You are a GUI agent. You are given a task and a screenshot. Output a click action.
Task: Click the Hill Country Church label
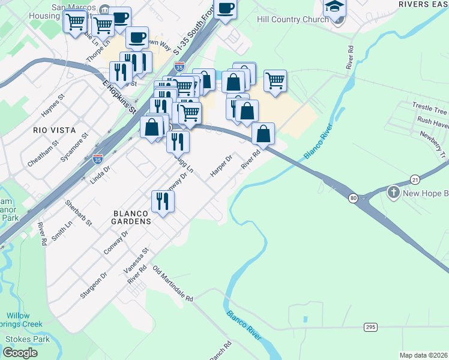(x=292, y=19)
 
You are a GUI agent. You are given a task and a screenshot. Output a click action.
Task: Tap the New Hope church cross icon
(x=394, y=193)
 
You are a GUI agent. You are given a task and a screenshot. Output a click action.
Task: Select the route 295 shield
(x=370, y=326)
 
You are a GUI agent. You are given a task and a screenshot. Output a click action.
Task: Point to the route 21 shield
(x=415, y=179)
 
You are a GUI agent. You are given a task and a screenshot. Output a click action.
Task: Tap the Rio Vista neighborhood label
(x=54, y=130)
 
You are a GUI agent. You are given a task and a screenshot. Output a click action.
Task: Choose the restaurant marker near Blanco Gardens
(x=163, y=201)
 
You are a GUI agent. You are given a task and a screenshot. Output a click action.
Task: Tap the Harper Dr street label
(x=220, y=167)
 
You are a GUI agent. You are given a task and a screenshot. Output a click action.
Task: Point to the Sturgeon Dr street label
(x=95, y=285)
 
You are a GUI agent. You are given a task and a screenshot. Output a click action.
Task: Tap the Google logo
(x=20, y=353)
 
